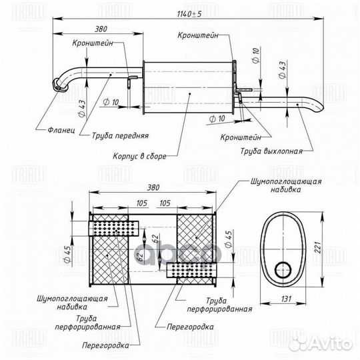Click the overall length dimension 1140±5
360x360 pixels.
coord(189,14)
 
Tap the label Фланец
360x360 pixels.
coord(61,130)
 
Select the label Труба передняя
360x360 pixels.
coord(120,136)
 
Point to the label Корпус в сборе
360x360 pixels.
coord(139,157)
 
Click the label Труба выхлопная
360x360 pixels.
coord(271,151)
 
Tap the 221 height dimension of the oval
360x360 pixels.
coord(317,247)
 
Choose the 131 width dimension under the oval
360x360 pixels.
coord(286,299)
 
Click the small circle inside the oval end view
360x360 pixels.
coord(283,270)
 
